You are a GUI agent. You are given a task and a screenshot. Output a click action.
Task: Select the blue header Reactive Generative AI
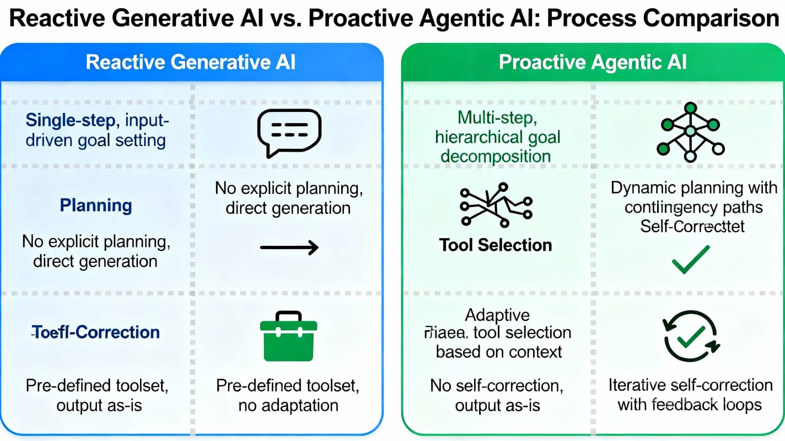[x=191, y=62]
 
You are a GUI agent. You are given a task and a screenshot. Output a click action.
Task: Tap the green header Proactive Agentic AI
[x=593, y=62]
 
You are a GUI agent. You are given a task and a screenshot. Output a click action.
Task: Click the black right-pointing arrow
[x=289, y=248]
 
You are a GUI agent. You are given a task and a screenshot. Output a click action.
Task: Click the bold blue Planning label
[x=96, y=206]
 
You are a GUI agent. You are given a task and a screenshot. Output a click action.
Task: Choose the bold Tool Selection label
[x=496, y=245]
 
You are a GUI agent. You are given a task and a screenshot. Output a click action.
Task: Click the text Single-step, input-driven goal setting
[x=96, y=130]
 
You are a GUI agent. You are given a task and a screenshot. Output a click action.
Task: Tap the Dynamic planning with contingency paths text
[x=693, y=197]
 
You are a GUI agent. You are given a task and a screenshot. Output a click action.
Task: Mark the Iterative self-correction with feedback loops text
[x=690, y=395]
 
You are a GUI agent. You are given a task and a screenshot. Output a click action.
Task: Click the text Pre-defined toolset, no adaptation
[x=288, y=395]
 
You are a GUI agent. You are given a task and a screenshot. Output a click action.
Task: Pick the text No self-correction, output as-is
[x=497, y=395]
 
